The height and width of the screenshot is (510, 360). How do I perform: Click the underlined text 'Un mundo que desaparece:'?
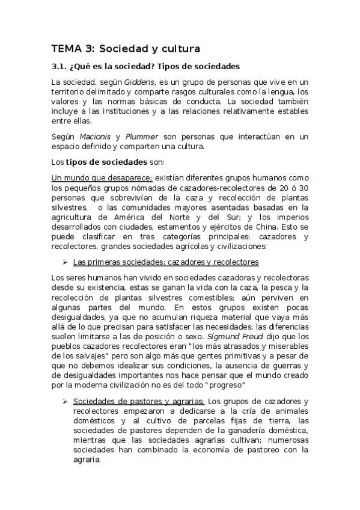coord(102,177)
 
